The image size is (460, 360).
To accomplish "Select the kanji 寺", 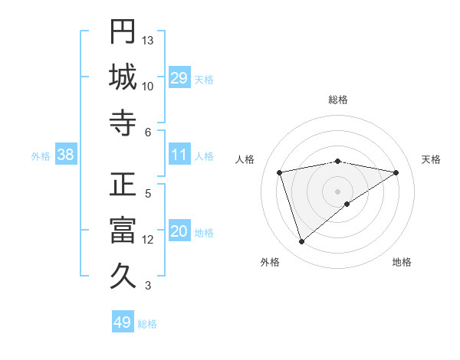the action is click(123, 123).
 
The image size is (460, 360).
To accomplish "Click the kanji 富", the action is click(123, 231).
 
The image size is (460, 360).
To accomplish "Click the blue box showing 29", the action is click(179, 78).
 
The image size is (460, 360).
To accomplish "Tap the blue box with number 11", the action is click(179, 155).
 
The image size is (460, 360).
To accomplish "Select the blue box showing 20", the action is click(179, 232).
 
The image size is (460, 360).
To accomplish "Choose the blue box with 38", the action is click(66, 155).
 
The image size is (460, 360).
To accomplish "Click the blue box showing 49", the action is click(123, 322).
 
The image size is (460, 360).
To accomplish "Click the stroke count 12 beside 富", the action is click(148, 240).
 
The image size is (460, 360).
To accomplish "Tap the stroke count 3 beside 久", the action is click(148, 286).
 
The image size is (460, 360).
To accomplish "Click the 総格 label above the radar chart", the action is click(338, 100).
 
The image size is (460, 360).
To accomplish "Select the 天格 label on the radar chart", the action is click(431, 159).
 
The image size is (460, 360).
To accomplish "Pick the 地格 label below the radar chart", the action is click(402, 263).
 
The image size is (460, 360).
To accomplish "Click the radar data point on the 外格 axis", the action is click(302, 242).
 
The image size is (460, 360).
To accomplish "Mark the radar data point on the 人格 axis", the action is click(281, 172).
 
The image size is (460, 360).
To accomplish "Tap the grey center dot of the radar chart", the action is click(338, 191).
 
